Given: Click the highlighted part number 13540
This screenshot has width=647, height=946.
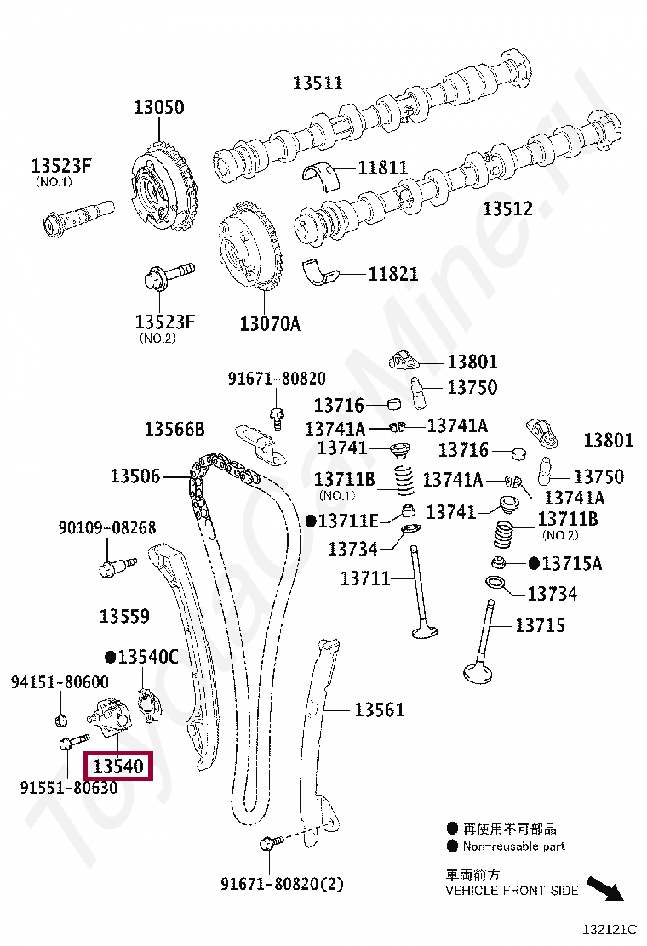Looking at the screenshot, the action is coord(118,766).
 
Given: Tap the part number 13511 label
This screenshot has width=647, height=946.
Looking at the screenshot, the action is coord(318,83).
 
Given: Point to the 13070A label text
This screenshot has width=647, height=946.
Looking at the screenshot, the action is coord(270,324).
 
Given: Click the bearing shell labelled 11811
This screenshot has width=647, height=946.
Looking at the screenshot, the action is coord(321,175).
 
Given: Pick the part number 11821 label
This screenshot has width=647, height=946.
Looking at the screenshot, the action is coord(393,274).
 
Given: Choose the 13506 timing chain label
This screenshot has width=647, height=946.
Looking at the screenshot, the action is coord(135,476).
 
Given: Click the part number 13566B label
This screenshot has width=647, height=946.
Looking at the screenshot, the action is coord(175,429).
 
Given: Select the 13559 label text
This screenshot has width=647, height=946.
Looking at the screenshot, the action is coord(124,616).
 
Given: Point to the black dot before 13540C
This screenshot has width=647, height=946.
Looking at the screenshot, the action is coord(111,657).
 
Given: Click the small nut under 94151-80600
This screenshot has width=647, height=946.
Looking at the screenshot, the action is coord(61,719).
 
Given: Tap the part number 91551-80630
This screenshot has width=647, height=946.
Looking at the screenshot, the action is coord(69,787).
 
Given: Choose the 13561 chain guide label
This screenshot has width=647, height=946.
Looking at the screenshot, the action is coord(379,709).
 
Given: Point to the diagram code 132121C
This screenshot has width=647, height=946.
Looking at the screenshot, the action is coord(610,930).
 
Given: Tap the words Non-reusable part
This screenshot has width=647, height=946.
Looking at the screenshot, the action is coord(513,846).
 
